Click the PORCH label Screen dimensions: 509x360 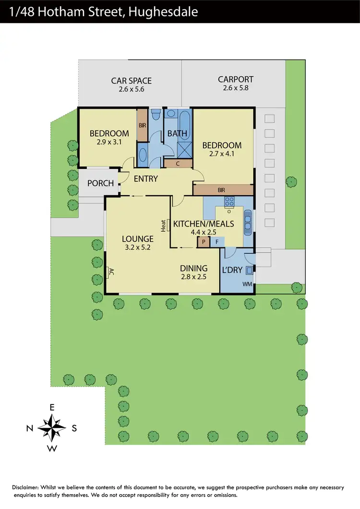click(101, 183)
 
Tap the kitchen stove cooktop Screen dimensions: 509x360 click(229, 201)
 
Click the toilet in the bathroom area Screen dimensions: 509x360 click(155, 115)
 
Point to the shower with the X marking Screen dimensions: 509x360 click(184, 149)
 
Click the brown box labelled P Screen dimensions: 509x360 click(204, 242)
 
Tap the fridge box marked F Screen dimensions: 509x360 click(216, 242)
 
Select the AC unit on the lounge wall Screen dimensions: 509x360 click(110, 272)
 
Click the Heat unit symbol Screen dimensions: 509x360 click(164, 225)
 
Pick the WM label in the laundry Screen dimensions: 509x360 click(247, 284)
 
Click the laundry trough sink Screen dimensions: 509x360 click(249, 270)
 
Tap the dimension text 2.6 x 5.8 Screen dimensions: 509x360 click(236, 88)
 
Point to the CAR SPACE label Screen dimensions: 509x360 click(131, 81)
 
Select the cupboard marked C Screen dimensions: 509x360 click(178, 164)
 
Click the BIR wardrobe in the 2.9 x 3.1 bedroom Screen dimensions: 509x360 click(143, 125)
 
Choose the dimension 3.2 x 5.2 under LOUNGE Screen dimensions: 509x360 click(137, 248)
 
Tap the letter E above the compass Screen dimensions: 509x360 click(52, 407)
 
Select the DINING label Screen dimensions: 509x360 click(193, 268)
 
